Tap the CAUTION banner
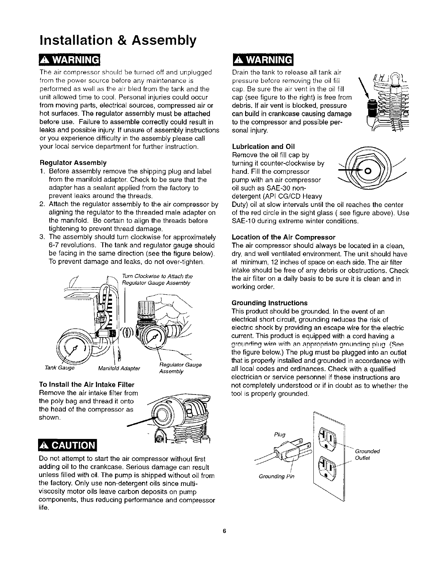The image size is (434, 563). pyautogui.click(x=68, y=445)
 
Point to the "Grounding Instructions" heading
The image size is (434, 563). pyautogui.click(x=269, y=303)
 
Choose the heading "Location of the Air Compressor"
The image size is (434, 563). pyautogui.click(x=283, y=237)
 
